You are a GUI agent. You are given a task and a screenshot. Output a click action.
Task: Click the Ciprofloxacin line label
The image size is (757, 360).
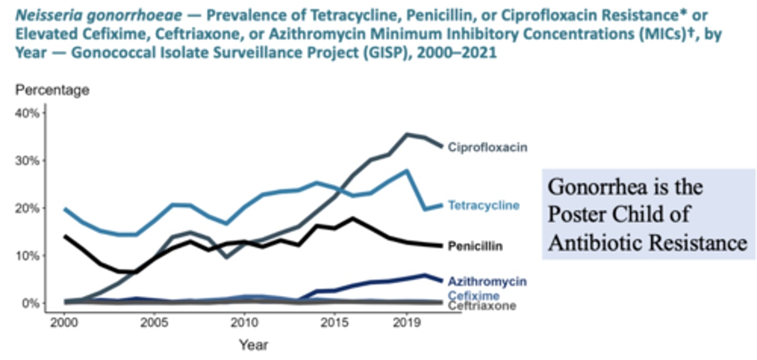487,148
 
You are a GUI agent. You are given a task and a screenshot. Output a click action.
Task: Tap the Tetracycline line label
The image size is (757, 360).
483,205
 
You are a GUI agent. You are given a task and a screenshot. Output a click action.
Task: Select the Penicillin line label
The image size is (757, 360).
475,246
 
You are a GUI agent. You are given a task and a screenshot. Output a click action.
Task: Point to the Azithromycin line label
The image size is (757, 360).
487,282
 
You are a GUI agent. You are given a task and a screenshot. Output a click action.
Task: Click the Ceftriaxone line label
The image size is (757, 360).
482,306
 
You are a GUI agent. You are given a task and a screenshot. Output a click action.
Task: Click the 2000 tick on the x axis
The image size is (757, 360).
64,322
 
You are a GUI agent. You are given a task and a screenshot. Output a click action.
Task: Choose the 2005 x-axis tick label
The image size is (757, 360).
154,322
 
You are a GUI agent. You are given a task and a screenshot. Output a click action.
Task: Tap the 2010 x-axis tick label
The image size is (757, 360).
243,322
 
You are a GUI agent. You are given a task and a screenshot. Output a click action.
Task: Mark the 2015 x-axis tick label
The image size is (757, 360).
333,322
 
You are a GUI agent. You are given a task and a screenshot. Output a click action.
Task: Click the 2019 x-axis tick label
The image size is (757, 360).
405,322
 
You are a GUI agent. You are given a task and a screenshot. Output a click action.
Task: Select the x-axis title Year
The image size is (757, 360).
253,345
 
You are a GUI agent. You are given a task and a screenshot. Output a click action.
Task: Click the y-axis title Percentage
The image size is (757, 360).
52,90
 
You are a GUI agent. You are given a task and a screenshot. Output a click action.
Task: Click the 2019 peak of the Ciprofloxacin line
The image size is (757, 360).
406,134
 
